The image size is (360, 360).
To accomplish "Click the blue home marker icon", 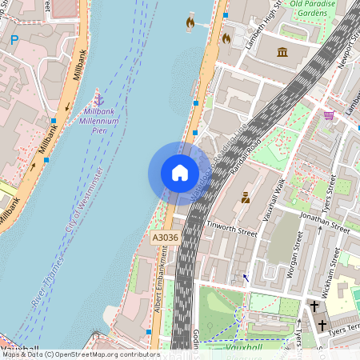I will (x=180, y=173).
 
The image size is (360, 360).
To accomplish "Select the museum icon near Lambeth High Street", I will (x=282, y=53).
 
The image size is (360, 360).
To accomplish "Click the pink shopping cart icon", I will (x=328, y=115).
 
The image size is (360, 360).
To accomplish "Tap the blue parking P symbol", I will (x=14, y=39).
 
